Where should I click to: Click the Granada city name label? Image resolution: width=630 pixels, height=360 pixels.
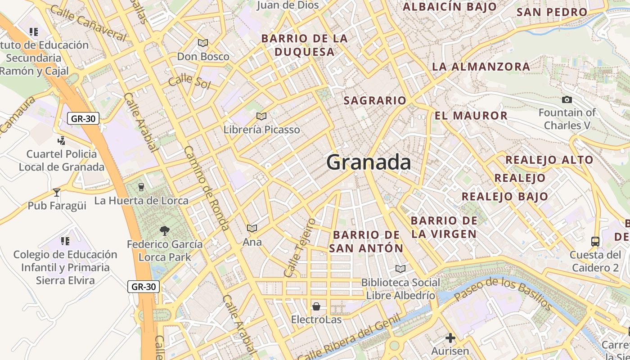pyautogui.click(x=369, y=162)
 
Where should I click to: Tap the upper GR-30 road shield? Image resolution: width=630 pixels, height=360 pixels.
pyautogui.click(x=83, y=118)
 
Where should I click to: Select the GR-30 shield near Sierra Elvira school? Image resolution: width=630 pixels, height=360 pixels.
pyautogui.click(x=144, y=286)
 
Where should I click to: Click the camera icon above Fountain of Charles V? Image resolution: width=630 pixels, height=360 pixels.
pyautogui.click(x=567, y=99)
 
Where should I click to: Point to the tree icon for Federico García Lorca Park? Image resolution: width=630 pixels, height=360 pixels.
pyautogui.click(x=165, y=231)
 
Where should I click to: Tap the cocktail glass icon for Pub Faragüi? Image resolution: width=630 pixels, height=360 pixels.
pyautogui.click(x=57, y=193)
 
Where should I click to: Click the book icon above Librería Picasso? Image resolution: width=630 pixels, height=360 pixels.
pyautogui.click(x=261, y=117)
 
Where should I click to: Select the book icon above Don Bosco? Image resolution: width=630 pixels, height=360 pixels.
pyautogui.click(x=203, y=43)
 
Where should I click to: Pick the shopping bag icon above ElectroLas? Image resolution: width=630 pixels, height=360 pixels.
pyautogui.click(x=316, y=307)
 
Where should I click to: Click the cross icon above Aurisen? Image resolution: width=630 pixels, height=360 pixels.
pyautogui.click(x=450, y=338)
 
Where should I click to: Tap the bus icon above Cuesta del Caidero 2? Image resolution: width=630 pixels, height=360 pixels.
pyautogui.click(x=595, y=242)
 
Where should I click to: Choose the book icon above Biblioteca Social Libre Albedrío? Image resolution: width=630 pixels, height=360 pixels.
pyautogui.click(x=400, y=269)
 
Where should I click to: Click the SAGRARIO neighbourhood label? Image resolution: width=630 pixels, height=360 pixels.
pyautogui.click(x=375, y=100)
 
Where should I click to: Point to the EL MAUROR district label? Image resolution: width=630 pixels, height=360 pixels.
pyautogui.click(x=471, y=116)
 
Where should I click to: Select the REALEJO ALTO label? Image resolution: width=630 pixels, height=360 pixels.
pyautogui.click(x=549, y=160)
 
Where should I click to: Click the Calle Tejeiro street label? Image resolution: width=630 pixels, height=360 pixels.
pyautogui.click(x=300, y=247)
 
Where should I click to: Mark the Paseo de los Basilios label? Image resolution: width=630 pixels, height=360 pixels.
pyautogui.click(x=503, y=294)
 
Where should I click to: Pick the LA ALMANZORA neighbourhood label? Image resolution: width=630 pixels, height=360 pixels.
pyautogui.click(x=481, y=67)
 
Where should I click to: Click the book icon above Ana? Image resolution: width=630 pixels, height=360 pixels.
pyautogui.click(x=252, y=229)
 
